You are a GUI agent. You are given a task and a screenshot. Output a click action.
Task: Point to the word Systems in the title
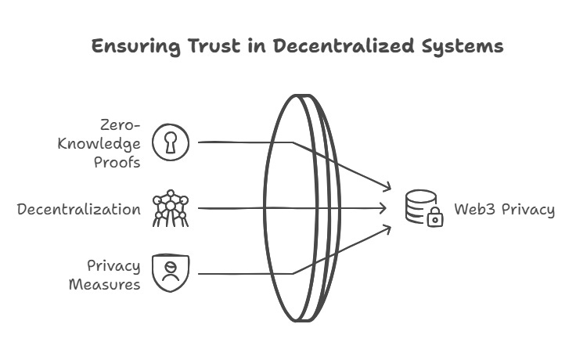[x=456, y=46]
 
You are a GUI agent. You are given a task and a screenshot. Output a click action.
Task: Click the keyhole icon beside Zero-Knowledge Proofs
[x=171, y=142]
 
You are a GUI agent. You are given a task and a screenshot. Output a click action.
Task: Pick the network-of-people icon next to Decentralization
[x=171, y=208]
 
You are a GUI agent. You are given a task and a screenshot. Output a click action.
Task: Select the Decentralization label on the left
[x=79, y=209]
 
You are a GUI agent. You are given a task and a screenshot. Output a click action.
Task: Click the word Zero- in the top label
[x=121, y=125]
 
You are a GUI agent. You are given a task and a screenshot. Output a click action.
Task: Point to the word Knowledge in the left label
[x=99, y=143]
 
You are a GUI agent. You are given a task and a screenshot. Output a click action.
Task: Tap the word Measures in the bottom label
[x=105, y=283]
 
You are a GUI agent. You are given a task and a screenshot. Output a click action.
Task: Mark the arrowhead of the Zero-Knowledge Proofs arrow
[x=387, y=188]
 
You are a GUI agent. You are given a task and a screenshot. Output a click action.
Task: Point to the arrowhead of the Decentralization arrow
[x=384, y=208]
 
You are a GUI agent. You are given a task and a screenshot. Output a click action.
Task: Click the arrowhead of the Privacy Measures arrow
[x=387, y=228]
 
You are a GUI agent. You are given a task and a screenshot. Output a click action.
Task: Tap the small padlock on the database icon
[x=435, y=219]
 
